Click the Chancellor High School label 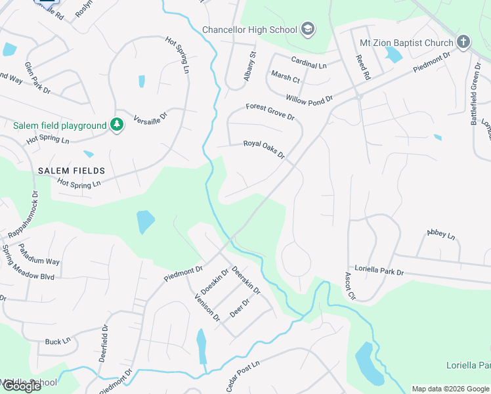tap(250, 30)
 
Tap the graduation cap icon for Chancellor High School tap(308, 30)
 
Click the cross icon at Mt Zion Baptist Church tap(463, 43)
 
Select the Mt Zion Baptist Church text tap(406, 43)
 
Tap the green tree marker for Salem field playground tap(117, 125)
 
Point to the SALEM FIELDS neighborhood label tap(71, 171)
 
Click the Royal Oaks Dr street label tap(264, 149)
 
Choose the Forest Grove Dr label tap(270, 111)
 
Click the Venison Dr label tap(207, 307)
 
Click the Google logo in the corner tap(21, 386)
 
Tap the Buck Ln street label tap(57, 341)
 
